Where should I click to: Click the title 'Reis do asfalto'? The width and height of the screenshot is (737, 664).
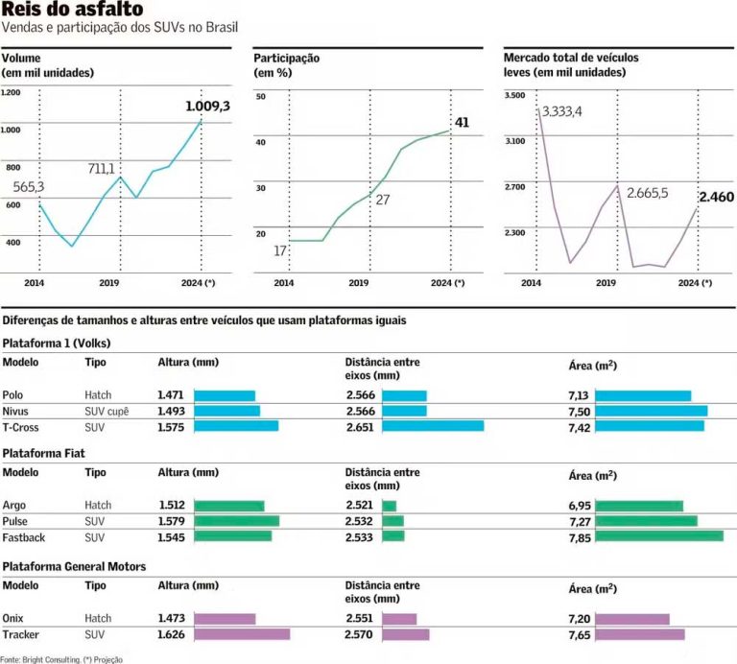(73, 12)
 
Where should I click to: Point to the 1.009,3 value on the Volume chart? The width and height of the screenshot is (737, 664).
(207, 107)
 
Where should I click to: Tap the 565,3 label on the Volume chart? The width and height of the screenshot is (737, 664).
(29, 186)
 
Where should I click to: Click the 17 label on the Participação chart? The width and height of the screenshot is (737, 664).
(279, 250)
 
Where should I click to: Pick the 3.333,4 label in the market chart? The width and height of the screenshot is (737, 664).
(561, 112)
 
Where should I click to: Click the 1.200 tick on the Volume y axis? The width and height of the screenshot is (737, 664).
(10, 92)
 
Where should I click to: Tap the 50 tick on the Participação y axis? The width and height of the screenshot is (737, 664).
(260, 96)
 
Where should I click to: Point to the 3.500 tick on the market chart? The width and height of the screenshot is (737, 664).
(514, 96)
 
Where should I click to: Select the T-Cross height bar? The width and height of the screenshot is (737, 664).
(236, 426)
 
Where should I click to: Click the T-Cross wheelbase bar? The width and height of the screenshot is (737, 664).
(440, 426)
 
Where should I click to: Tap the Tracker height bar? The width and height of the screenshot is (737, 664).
(242, 634)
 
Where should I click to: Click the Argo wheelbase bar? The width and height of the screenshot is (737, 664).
(389, 506)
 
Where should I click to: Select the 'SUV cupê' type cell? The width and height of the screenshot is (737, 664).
(106, 411)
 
